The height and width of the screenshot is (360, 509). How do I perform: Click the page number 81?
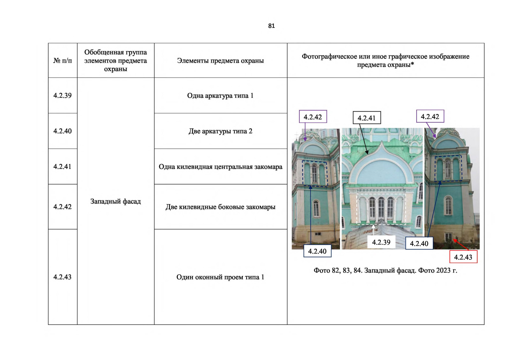271,26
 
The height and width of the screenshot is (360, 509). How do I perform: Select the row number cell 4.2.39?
62,96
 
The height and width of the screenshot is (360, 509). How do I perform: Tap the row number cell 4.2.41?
62,166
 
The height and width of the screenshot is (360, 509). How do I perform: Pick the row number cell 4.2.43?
62,277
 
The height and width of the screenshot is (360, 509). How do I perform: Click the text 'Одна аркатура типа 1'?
220,96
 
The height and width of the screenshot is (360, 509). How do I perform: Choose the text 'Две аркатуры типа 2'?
220,131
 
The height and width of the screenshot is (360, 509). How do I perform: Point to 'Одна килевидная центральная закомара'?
220,167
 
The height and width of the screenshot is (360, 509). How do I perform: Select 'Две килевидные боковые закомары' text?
220,207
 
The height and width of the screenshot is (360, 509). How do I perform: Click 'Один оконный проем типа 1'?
220,277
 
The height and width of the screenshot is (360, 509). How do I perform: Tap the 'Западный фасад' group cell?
115,201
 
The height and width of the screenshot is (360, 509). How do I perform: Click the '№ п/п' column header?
62,61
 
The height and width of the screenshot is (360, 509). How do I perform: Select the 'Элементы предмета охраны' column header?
220,61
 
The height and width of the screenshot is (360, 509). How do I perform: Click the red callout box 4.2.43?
463,257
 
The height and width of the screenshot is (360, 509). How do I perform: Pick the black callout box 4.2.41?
367,118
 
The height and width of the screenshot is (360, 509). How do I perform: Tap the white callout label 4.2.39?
381,242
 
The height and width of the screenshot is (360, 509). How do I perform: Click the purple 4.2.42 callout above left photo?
313,117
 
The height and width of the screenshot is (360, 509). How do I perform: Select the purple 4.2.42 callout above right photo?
430,116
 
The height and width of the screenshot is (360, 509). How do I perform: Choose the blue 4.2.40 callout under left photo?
317,251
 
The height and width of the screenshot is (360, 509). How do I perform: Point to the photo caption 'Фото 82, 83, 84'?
385,271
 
